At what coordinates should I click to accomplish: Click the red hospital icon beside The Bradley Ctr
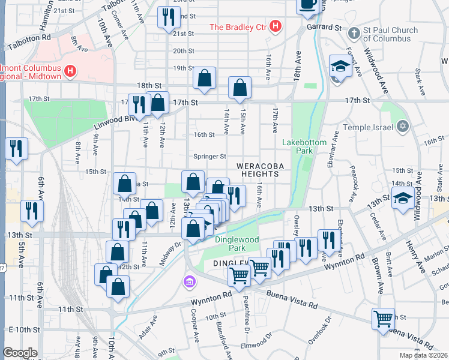276,27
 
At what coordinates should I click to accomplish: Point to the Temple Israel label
368,127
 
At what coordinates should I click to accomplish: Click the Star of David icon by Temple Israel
403,127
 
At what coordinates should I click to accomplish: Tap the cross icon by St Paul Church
354,33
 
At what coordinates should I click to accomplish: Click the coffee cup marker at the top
308,5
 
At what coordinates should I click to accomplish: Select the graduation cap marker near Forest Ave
340,66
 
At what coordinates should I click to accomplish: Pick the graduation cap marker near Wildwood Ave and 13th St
402,197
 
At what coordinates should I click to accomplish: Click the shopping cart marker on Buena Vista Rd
382,319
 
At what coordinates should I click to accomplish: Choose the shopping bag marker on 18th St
204,78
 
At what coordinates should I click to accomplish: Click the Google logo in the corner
20,353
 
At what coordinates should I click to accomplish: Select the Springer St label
209,157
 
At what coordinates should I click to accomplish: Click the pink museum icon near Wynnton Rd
190,281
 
